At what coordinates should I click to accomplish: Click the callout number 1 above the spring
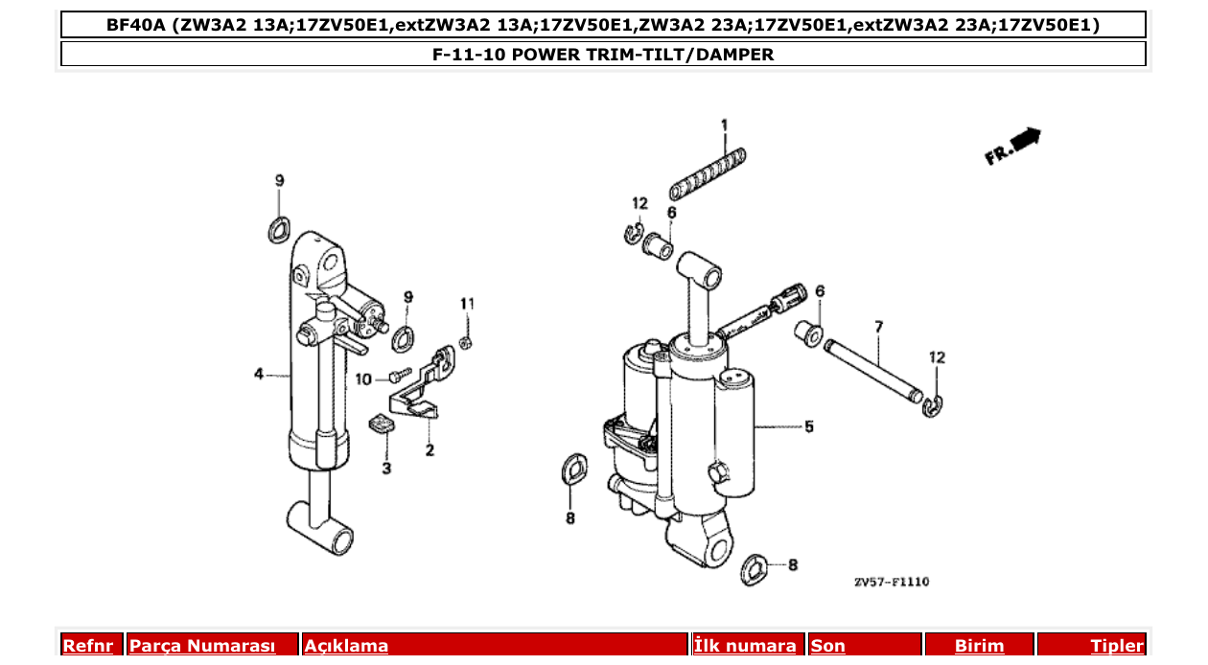pyautogui.click(x=725, y=125)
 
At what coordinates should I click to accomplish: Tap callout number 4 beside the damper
pyautogui.click(x=259, y=374)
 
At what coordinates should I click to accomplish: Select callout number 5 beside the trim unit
pyautogui.click(x=809, y=426)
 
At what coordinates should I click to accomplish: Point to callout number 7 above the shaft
pyautogui.click(x=877, y=327)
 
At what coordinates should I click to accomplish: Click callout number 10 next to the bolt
pyautogui.click(x=363, y=378)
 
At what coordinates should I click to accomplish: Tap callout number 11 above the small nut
pyautogui.click(x=467, y=304)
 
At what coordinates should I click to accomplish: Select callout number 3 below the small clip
pyautogui.click(x=386, y=469)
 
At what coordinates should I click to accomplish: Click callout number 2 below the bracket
pyautogui.click(x=430, y=449)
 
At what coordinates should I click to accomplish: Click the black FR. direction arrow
pyautogui.click(x=1025, y=140)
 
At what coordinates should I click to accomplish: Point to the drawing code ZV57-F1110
pyautogui.click(x=892, y=582)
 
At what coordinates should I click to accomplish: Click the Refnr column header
pyautogui.click(x=87, y=646)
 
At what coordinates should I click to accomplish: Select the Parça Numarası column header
pyautogui.click(x=202, y=646)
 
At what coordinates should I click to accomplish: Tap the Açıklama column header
pyautogui.click(x=346, y=646)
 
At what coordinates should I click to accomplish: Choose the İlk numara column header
pyautogui.click(x=745, y=646)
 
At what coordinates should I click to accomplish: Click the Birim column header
pyautogui.click(x=979, y=646)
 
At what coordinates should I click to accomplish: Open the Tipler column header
pyautogui.click(x=1117, y=646)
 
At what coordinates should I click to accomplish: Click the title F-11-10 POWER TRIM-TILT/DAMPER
pyautogui.click(x=603, y=55)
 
